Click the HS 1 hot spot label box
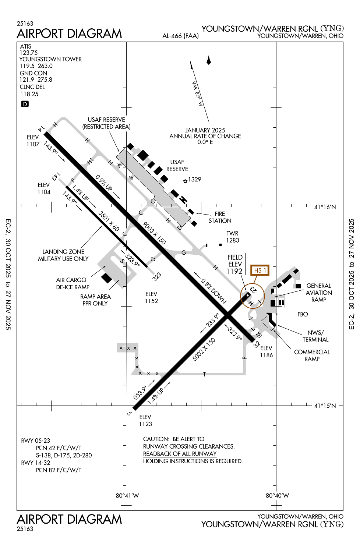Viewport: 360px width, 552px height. click(x=260, y=270)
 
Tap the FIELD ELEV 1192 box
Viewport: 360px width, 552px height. click(x=235, y=264)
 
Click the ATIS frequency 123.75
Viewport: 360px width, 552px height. click(x=29, y=53)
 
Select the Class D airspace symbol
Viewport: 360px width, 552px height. click(x=25, y=104)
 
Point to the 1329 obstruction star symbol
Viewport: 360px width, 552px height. click(x=185, y=181)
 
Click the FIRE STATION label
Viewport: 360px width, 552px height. click(x=220, y=217)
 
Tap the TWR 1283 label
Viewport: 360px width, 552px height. click(x=232, y=237)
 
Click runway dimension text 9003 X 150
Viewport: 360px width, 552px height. click(x=154, y=233)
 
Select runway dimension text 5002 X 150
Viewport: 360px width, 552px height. click(x=204, y=349)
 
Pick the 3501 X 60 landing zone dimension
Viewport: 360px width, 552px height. click(x=109, y=221)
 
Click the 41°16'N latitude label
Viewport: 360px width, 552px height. click(x=325, y=207)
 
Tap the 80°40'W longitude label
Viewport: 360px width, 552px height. click(x=277, y=496)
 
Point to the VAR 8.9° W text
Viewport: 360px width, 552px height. click(x=197, y=94)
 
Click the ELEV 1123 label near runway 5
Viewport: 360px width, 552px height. click(x=145, y=420)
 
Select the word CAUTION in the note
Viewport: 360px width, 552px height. click(x=156, y=439)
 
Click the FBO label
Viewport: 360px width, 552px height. click(x=303, y=314)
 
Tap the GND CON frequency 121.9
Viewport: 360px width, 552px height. click(x=27, y=79)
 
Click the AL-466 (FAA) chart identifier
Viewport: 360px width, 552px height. click(x=180, y=36)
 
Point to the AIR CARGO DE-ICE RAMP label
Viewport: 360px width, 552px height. click(x=72, y=283)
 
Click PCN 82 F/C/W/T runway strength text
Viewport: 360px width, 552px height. click(x=59, y=470)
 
